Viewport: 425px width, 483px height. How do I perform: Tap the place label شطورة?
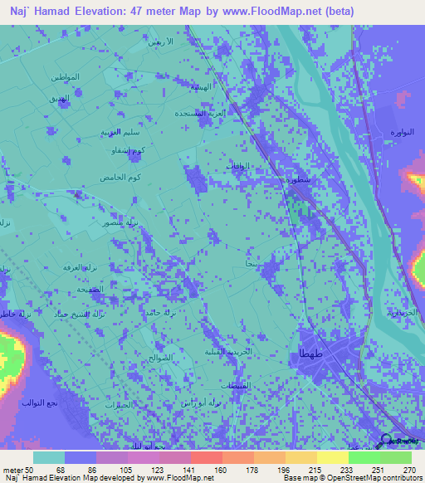click(299, 178)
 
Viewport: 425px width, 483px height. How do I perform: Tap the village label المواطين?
click(64, 77)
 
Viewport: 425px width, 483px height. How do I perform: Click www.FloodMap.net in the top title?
click(279, 12)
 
